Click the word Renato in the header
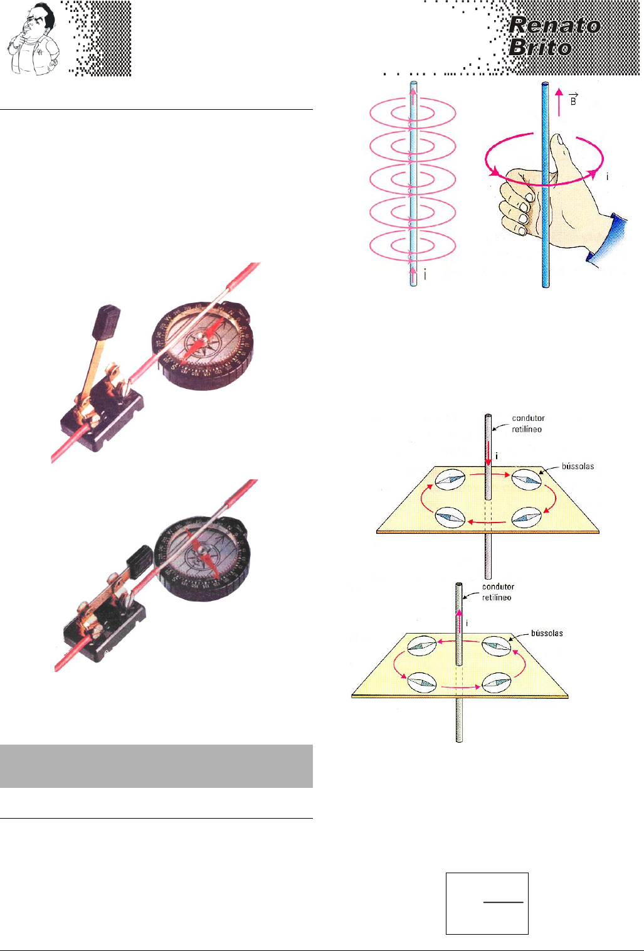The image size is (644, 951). (x=554, y=25)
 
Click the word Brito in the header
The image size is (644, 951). (x=540, y=47)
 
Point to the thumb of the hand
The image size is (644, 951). (x=558, y=151)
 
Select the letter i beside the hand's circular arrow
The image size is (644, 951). (x=607, y=178)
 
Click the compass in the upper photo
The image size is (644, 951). (x=203, y=346)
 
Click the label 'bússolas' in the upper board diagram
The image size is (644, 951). (x=578, y=466)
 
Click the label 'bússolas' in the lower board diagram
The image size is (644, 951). (x=547, y=633)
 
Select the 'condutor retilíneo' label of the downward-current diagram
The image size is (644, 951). (x=528, y=423)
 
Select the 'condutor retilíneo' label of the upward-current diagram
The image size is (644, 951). (x=498, y=592)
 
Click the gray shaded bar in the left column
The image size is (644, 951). (x=156, y=766)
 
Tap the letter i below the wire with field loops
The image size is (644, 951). (x=426, y=274)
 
